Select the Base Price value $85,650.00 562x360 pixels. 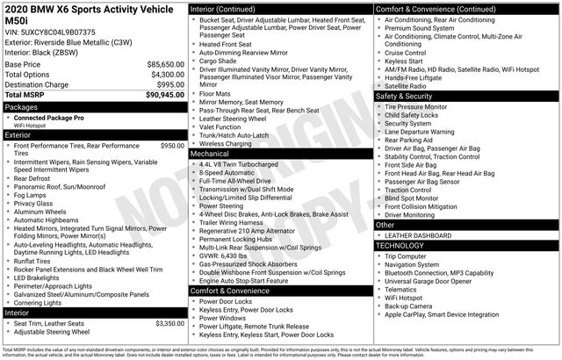(165, 65)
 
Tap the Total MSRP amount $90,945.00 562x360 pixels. (165, 94)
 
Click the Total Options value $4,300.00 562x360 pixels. (167, 75)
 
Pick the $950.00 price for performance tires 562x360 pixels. (172, 146)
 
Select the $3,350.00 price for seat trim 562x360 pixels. (168, 324)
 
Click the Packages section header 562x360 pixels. (22, 106)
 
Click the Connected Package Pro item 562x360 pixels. (49, 117)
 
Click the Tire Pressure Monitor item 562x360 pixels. (416, 106)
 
